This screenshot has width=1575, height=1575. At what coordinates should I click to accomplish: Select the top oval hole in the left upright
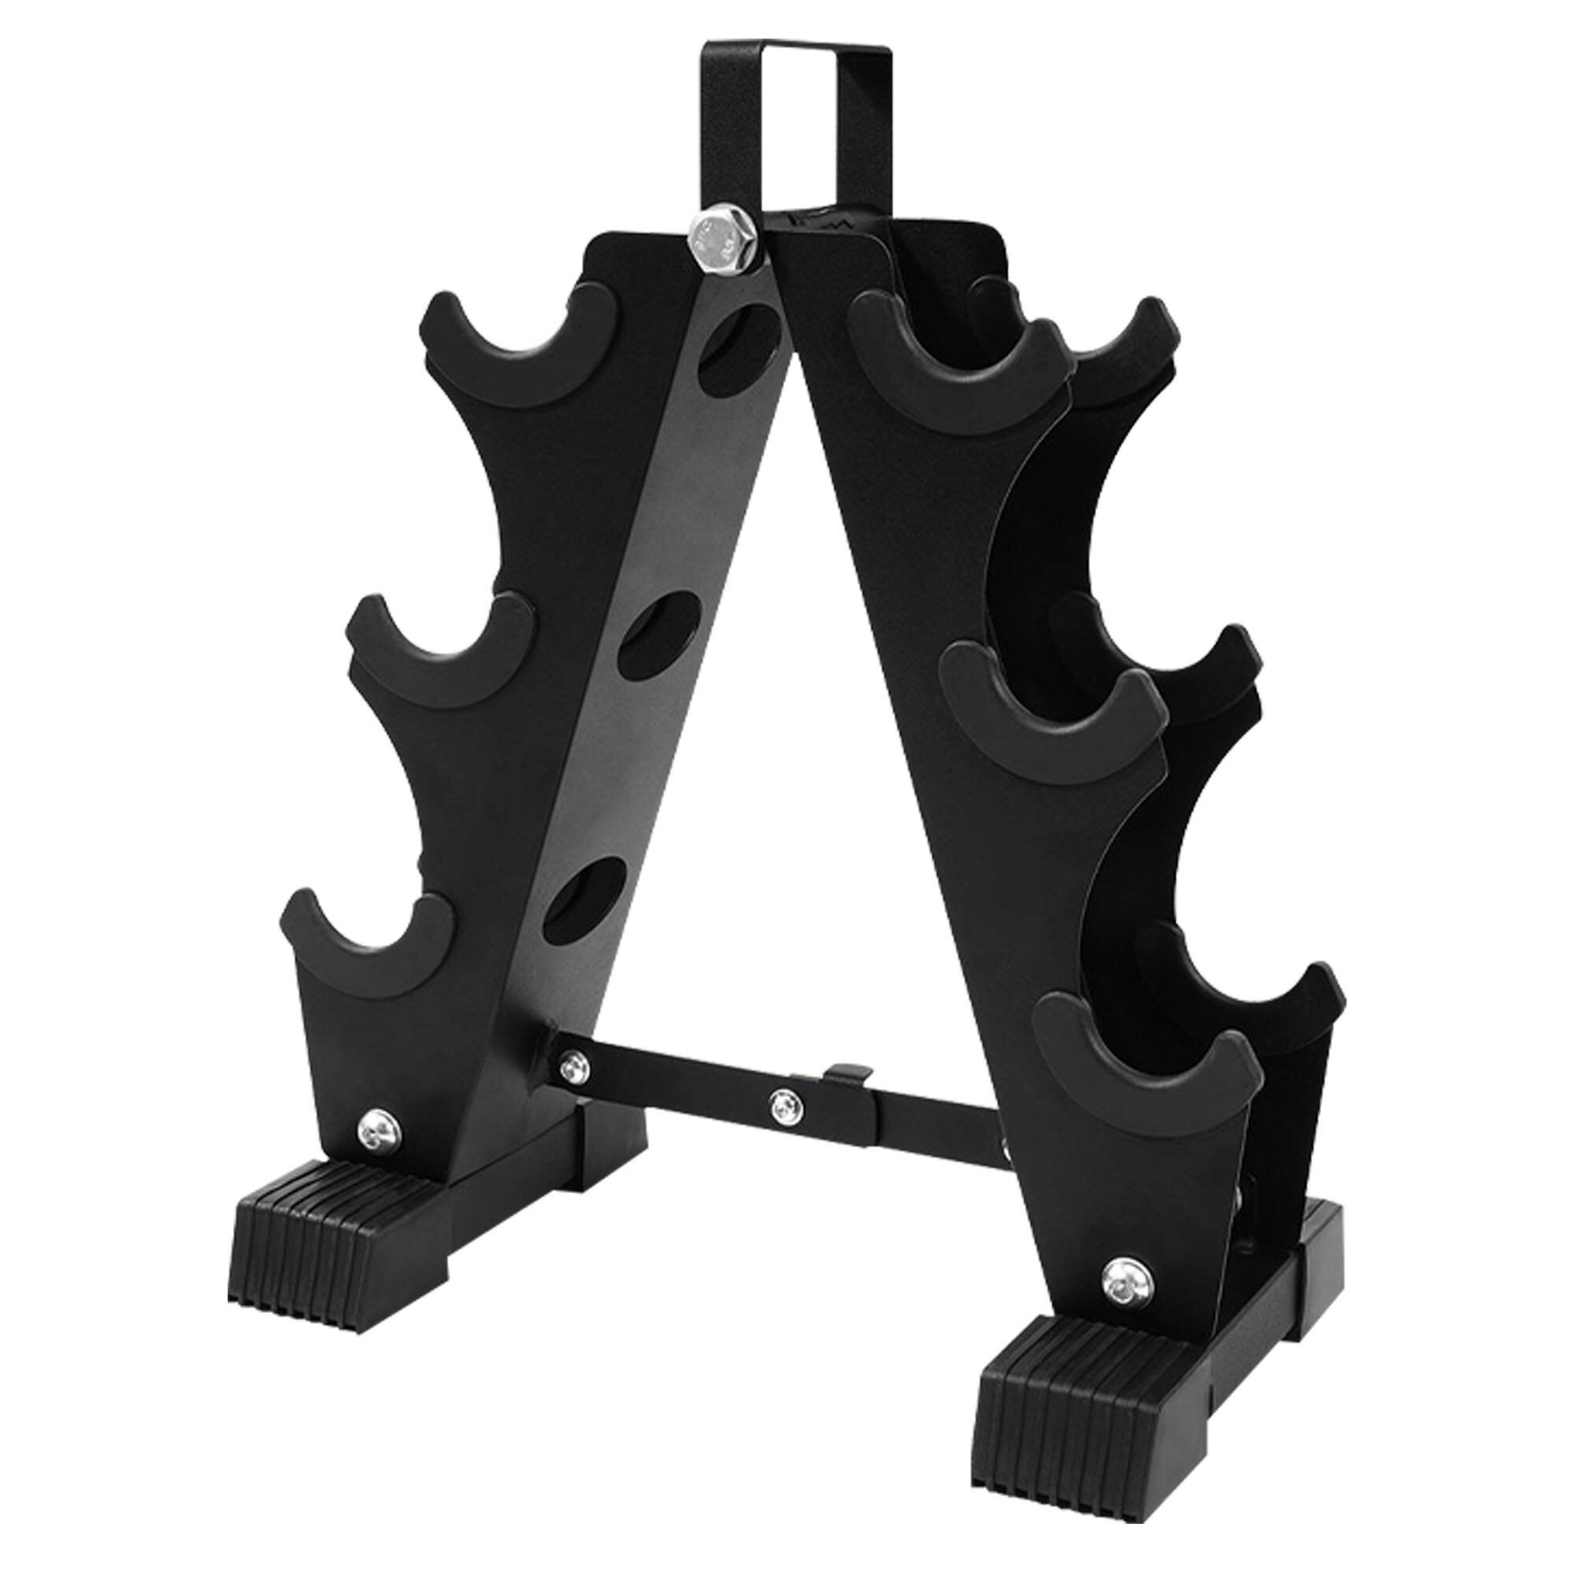[x=737, y=346]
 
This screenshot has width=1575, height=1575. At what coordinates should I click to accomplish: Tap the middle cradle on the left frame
[x=440, y=652]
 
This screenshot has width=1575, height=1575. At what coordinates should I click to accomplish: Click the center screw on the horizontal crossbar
[x=784, y=1105]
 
